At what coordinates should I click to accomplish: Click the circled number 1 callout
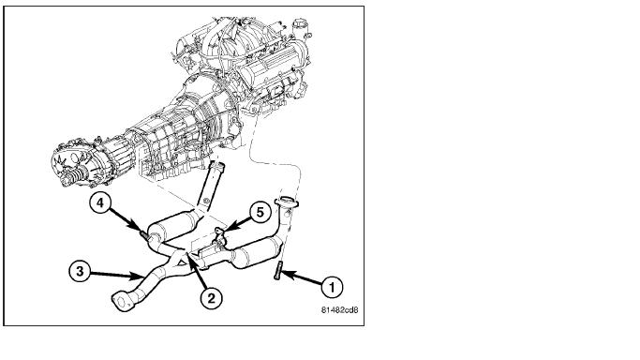pos(332,287)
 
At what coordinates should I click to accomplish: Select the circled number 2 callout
pos(211,298)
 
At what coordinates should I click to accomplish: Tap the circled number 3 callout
pos(80,271)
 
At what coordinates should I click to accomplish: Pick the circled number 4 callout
pos(100,202)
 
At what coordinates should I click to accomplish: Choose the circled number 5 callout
pos(260,212)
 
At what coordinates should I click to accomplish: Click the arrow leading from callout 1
pos(301,277)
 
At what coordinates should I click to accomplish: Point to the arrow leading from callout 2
pos(196,271)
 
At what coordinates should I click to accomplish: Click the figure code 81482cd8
pos(339,309)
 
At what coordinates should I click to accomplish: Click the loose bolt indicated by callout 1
pos(277,270)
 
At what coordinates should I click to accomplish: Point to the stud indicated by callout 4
pos(144,234)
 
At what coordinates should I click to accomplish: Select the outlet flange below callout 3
pos(124,302)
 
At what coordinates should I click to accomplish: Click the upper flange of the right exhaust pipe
pos(287,202)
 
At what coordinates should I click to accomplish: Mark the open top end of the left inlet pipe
pos(217,165)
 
